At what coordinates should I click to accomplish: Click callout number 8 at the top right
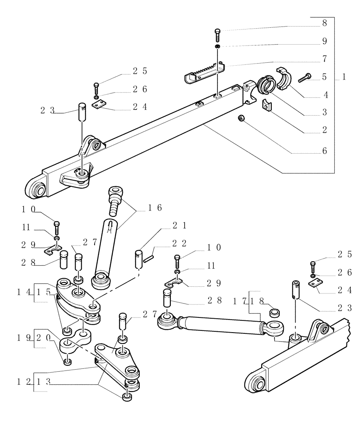pos(324,24)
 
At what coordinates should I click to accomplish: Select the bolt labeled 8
pos(217,35)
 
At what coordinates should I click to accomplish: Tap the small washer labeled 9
pos(217,46)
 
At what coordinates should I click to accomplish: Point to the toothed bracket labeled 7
pos(204,72)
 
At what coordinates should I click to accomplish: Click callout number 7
pos(324,59)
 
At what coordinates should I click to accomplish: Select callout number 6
pos(324,150)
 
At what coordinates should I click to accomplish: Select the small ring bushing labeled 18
pos(275,312)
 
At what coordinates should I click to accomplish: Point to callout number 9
pos(324,41)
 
